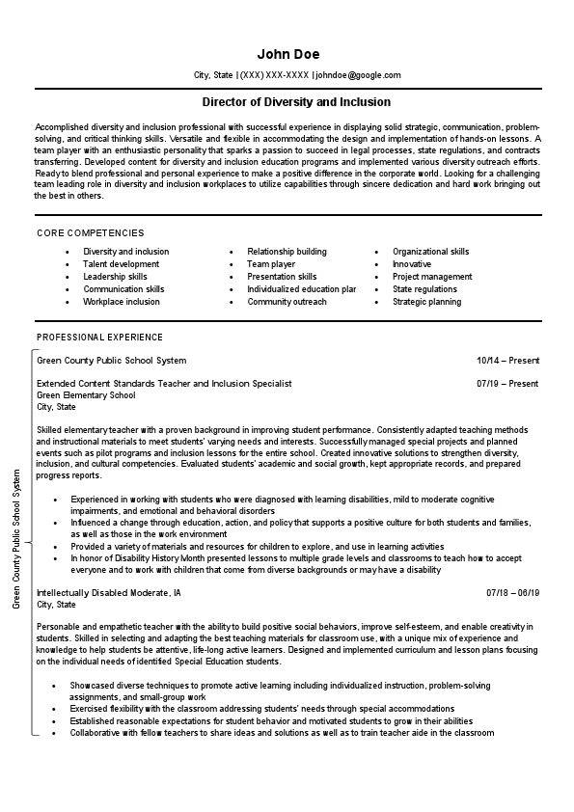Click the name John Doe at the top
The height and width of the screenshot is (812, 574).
pyautogui.click(x=287, y=54)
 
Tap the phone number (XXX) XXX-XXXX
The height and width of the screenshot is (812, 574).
pyautogui.click(x=275, y=74)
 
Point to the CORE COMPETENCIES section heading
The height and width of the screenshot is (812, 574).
pyautogui.click(x=90, y=232)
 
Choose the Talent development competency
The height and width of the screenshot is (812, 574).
pyautogui.click(x=121, y=264)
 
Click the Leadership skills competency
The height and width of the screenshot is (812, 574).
pyautogui.click(x=115, y=277)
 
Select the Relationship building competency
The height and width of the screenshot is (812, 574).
pyautogui.click(x=287, y=252)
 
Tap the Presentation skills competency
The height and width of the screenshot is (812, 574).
pyautogui.click(x=282, y=277)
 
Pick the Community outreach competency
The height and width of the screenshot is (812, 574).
pyautogui.click(x=287, y=302)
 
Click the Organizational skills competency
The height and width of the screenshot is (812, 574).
pyautogui.click(x=430, y=252)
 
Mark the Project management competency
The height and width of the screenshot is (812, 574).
pyautogui.click(x=431, y=277)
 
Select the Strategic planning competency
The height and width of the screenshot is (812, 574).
pyautogui.click(x=426, y=302)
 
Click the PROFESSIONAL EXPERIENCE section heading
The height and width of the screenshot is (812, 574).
pyautogui.click(x=99, y=337)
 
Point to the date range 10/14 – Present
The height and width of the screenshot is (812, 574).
pyautogui.click(x=507, y=361)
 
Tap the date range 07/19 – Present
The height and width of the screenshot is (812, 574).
pyautogui.click(x=507, y=384)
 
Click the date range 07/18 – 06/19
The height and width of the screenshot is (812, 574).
pyautogui.click(x=512, y=592)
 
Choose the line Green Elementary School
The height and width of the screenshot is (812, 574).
pyautogui.click(x=86, y=395)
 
